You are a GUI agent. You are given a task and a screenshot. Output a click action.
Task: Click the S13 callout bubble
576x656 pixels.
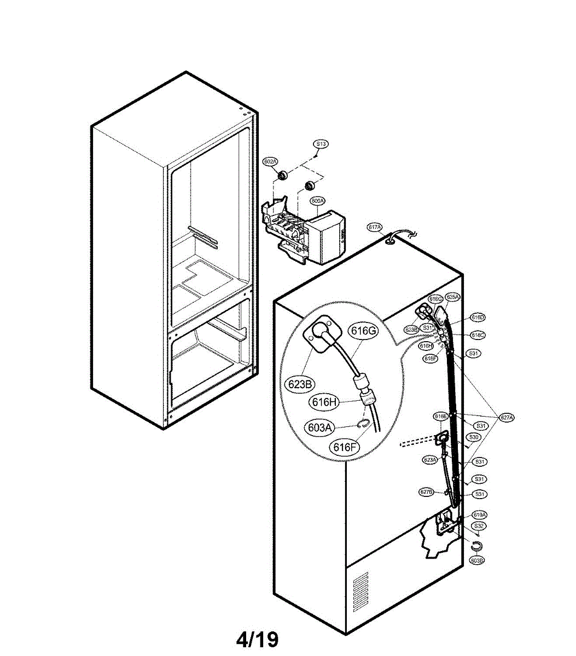coord(321,144)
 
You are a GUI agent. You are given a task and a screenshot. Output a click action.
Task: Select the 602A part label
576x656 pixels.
coord(270,161)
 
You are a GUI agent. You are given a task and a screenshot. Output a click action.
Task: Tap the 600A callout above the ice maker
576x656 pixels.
coord(317,201)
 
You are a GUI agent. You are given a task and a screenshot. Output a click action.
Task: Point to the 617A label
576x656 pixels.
coord(375,227)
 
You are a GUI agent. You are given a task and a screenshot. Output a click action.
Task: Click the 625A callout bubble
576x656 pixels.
coord(452,297)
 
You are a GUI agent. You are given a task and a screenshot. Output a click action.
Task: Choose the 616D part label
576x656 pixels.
coord(478,317)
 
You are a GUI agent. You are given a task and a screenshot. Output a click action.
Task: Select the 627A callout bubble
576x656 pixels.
coord(507,418)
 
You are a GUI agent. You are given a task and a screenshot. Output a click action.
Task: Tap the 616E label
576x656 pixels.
coord(441,416)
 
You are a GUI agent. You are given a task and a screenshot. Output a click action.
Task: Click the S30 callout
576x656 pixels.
coord(474,437)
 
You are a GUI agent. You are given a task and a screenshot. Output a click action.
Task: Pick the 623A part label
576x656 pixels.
coord(429,460)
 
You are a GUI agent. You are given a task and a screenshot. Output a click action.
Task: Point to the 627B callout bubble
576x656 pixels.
coord(427,492)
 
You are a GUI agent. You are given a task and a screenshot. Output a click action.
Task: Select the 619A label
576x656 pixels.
coord(480,514)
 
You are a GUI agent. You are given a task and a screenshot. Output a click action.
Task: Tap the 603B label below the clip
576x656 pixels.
coord(477,560)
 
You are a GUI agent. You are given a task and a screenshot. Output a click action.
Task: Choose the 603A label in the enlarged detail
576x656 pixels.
coord(320,427)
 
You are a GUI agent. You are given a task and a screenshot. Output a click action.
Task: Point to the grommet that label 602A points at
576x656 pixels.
coord(283,175)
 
